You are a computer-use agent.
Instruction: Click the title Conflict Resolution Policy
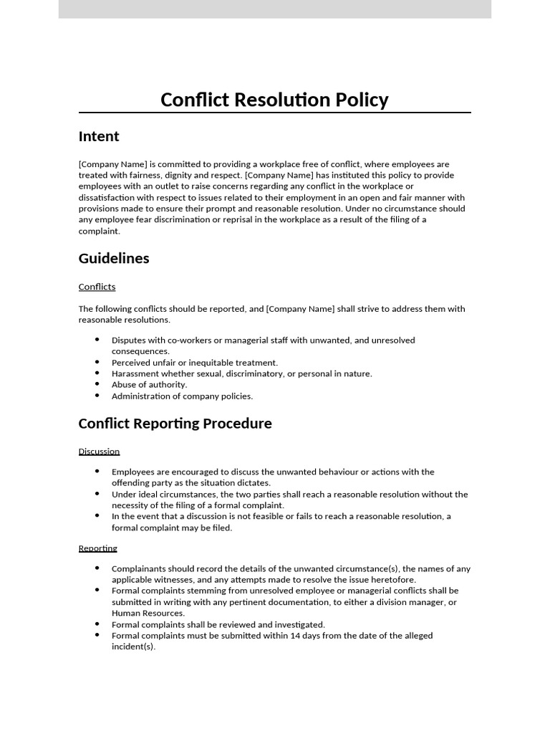[x=274, y=100]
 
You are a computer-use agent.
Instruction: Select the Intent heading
[x=99, y=136]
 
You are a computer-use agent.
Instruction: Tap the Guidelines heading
[x=114, y=258]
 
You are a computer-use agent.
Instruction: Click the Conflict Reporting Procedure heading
[x=175, y=424]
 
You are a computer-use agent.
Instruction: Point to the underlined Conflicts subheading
[x=97, y=287]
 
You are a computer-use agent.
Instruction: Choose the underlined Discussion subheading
[x=99, y=452]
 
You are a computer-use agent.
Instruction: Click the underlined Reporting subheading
[x=97, y=548]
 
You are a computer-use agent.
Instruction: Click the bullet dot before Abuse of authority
[x=97, y=384]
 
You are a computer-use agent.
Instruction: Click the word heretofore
[x=391, y=580]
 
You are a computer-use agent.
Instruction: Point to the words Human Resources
[x=148, y=614]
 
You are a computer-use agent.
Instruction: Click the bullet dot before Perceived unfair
[x=97, y=362]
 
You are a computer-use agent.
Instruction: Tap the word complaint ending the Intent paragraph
[x=99, y=231]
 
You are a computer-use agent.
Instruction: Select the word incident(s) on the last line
[x=133, y=647]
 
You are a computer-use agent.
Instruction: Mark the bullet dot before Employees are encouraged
[x=97, y=471]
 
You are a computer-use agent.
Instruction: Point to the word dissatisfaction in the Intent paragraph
[x=108, y=198]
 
